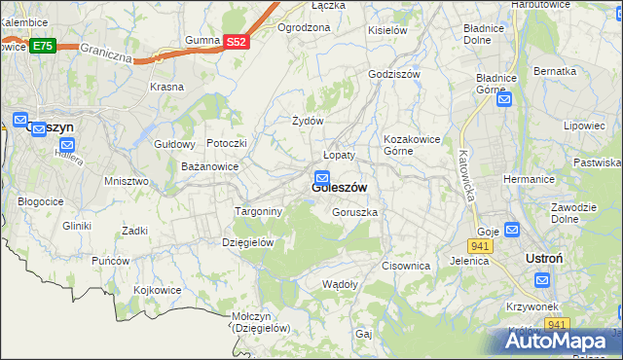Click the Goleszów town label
click(339, 188)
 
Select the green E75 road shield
click(42, 46)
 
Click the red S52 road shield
click(238, 42)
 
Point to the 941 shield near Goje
click(484, 246)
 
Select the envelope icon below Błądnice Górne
click(504, 98)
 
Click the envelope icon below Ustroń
click(542, 280)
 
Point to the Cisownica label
click(406, 266)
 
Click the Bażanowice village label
click(210, 166)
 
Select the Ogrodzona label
click(304, 27)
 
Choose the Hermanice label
click(529, 179)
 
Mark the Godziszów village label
click(393, 74)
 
